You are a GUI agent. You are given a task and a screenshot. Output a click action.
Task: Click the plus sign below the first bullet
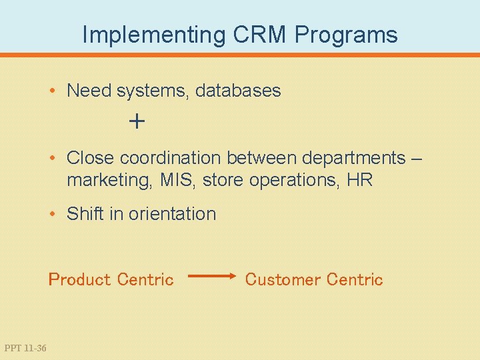pyautogui.click(x=137, y=121)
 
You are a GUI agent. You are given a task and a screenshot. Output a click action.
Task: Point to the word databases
pyautogui.click(x=238, y=91)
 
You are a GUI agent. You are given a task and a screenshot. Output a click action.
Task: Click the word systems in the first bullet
pyautogui.click(x=153, y=91)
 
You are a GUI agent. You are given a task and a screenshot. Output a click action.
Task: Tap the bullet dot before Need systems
pyautogui.click(x=53, y=91)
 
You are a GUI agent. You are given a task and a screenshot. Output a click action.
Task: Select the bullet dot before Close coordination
pyautogui.click(x=53, y=158)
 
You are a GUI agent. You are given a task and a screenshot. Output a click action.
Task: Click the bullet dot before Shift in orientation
pyautogui.click(x=53, y=214)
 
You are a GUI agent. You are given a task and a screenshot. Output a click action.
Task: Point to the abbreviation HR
pyautogui.click(x=359, y=180)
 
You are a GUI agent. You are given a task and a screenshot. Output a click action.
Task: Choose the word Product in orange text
pyautogui.click(x=79, y=279)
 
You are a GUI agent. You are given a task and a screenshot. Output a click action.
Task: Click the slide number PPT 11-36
pyautogui.click(x=25, y=347)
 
